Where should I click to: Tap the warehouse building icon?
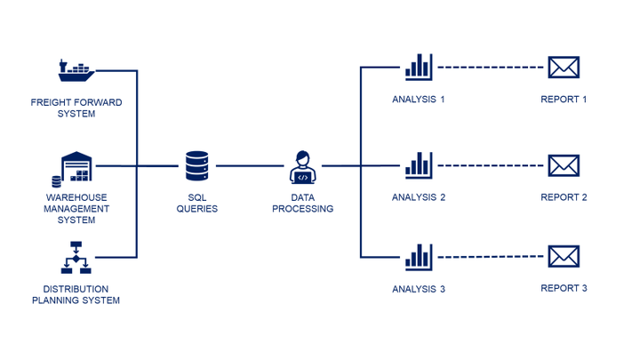coord(76,167)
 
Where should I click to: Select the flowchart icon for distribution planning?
coord(76,257)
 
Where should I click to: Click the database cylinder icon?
coord(197,165)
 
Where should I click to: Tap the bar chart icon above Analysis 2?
coord(418,164)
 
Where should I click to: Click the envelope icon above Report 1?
coord(564,68)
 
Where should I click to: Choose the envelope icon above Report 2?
coord(564,165)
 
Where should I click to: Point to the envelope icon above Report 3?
coord(564,257)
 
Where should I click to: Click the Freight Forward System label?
coord(76,108)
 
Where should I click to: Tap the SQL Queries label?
coord(197,204)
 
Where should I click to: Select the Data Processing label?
coord(303,204)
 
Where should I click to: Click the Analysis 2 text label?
coord(418,197)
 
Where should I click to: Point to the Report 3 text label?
coord(564,289)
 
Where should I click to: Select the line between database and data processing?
coord(249,166)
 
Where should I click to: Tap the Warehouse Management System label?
coord(76,209)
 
